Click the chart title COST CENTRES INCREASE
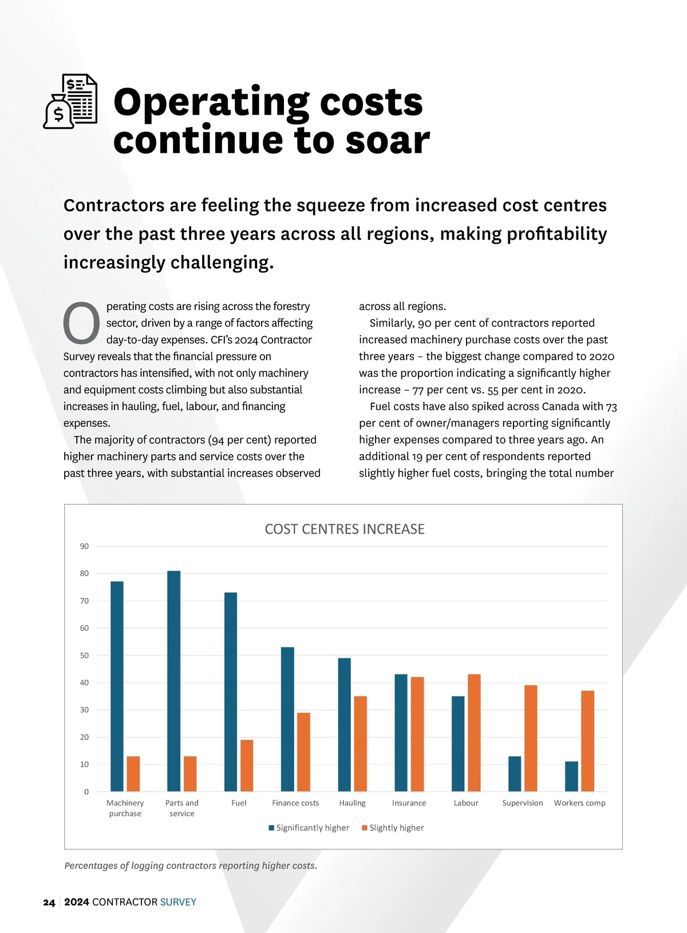[345, 529]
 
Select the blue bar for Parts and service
[174, 681]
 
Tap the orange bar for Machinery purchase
[133, 773]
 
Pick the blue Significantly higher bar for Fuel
[231, 692]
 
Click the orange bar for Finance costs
[303, 752]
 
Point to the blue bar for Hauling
[344, 724]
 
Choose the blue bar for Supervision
[515, 773]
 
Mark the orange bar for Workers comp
[587, 741]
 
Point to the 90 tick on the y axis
[85, 546]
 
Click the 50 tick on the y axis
[85, 656]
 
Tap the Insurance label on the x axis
[409, 803]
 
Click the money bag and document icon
[71, 101]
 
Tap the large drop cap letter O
[81, 323]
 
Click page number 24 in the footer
[49, 903]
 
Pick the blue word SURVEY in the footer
[178, 902]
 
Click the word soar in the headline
[388, 141]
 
